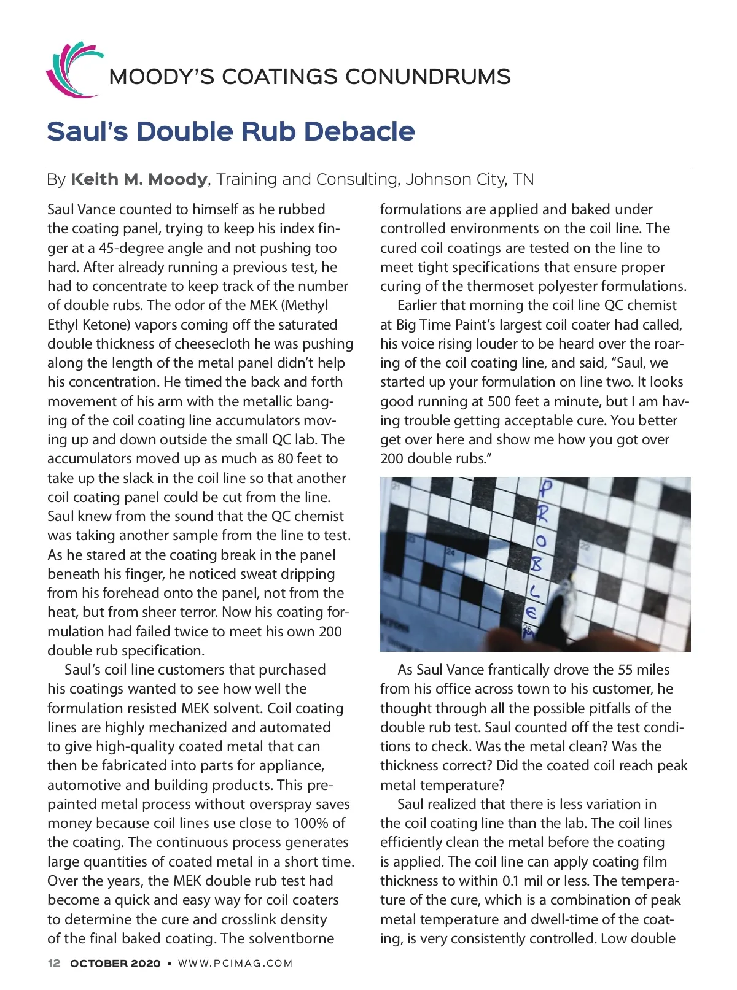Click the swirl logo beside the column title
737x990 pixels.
[x=72, y=70]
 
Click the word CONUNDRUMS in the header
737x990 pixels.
[x=427, y=77]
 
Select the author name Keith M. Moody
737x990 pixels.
[x=139, y=179]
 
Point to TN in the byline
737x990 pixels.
[x=523, y=179]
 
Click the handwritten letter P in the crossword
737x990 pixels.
[x=545, y=489]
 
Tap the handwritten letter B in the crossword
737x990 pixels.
[x=537, y=563]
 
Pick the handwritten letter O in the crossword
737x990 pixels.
[x=540, y=541]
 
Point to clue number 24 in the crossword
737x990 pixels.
[x=451, y=552]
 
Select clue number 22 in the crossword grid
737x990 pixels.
[x=585, y=546]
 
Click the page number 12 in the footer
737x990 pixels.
[x=54, y=964]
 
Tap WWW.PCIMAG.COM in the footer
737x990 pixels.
[x=235, y=964]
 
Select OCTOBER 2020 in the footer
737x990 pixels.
[x=115, y=964]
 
